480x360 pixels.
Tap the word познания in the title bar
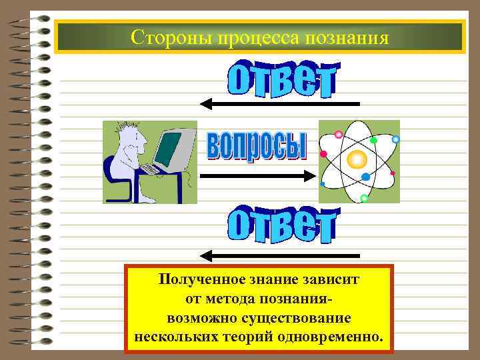[x=346, y=37]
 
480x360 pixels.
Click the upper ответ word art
[x=283, y=79]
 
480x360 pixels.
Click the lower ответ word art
[x=283, y=225]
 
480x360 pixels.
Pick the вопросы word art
[x=257, y=145]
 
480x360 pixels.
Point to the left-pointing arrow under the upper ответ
[x=280, y=103]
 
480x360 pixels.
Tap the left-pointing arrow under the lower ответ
[x=280, y=255]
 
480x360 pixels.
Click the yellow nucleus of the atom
[x=357, y=159]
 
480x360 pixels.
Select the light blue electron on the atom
[x=395, y=140]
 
